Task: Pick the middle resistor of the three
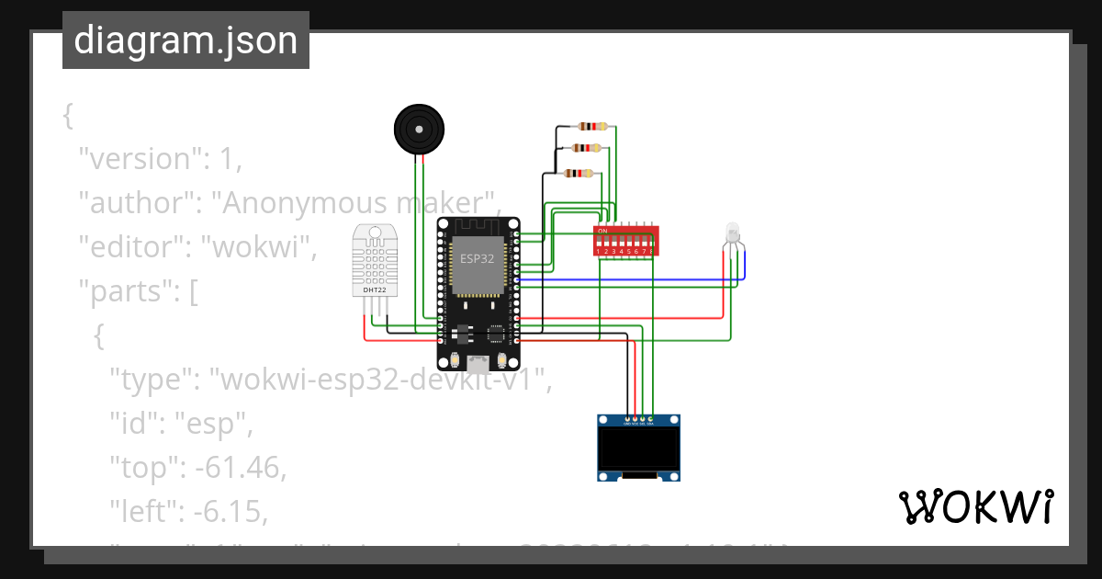pyautogui.click(x=585, y=148)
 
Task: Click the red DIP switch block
pyautogui.click(x=625, y=240)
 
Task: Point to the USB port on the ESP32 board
pyautogui.click(x=478, y=361)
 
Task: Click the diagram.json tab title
pyautogui.click(x=186, y=40)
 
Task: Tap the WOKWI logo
pyautogui.click(x=974, y=507)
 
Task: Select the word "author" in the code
pyautogui.click(x=134, y=203)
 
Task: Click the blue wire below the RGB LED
pyautogui.click(x=643, y=279)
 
